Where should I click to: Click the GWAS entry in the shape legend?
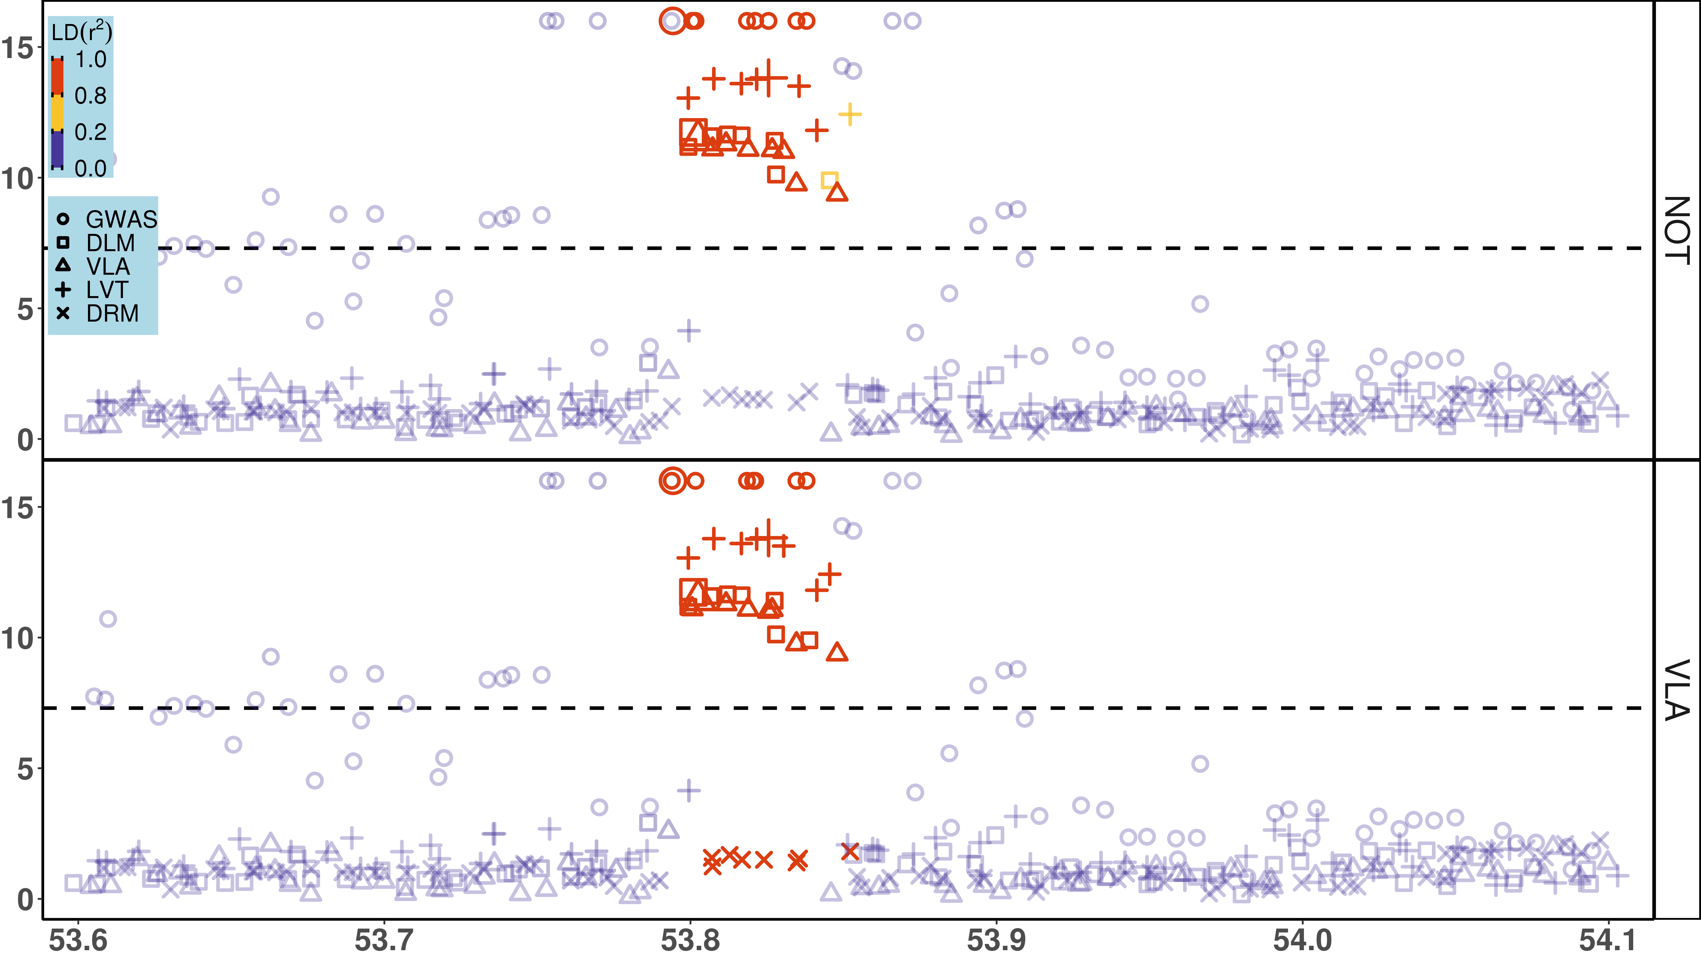coord(121,219)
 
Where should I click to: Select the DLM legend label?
coord(110,243)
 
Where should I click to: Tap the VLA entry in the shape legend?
coord(108,267)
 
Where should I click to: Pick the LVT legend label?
coord(106,290)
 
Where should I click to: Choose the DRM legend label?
coord(112,314)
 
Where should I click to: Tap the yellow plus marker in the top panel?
coord(850,114)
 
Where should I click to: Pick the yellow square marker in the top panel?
coord(829,180)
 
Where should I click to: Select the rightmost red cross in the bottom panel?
coord(850,852)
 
